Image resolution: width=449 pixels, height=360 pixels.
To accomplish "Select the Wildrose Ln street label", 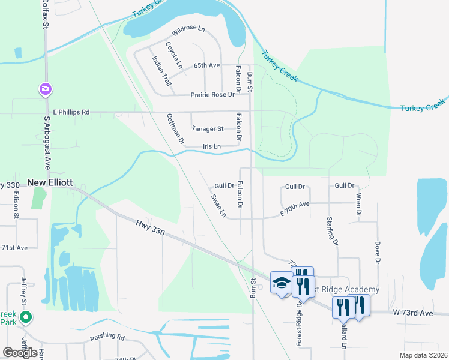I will point(188,29).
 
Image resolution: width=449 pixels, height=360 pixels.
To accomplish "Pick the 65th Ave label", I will point(206,65).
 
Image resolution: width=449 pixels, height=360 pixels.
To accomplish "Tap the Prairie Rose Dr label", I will point(212,95).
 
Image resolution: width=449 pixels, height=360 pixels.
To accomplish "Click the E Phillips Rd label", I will point(71,112).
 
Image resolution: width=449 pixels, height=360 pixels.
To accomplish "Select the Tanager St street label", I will point(207,128).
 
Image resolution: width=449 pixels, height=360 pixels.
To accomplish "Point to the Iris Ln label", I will point(211,146).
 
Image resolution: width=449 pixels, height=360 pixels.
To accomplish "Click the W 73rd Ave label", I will point(413,313).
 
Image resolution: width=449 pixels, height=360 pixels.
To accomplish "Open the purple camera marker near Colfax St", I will point(45,90).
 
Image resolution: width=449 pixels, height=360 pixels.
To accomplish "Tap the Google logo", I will point(20,352).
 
